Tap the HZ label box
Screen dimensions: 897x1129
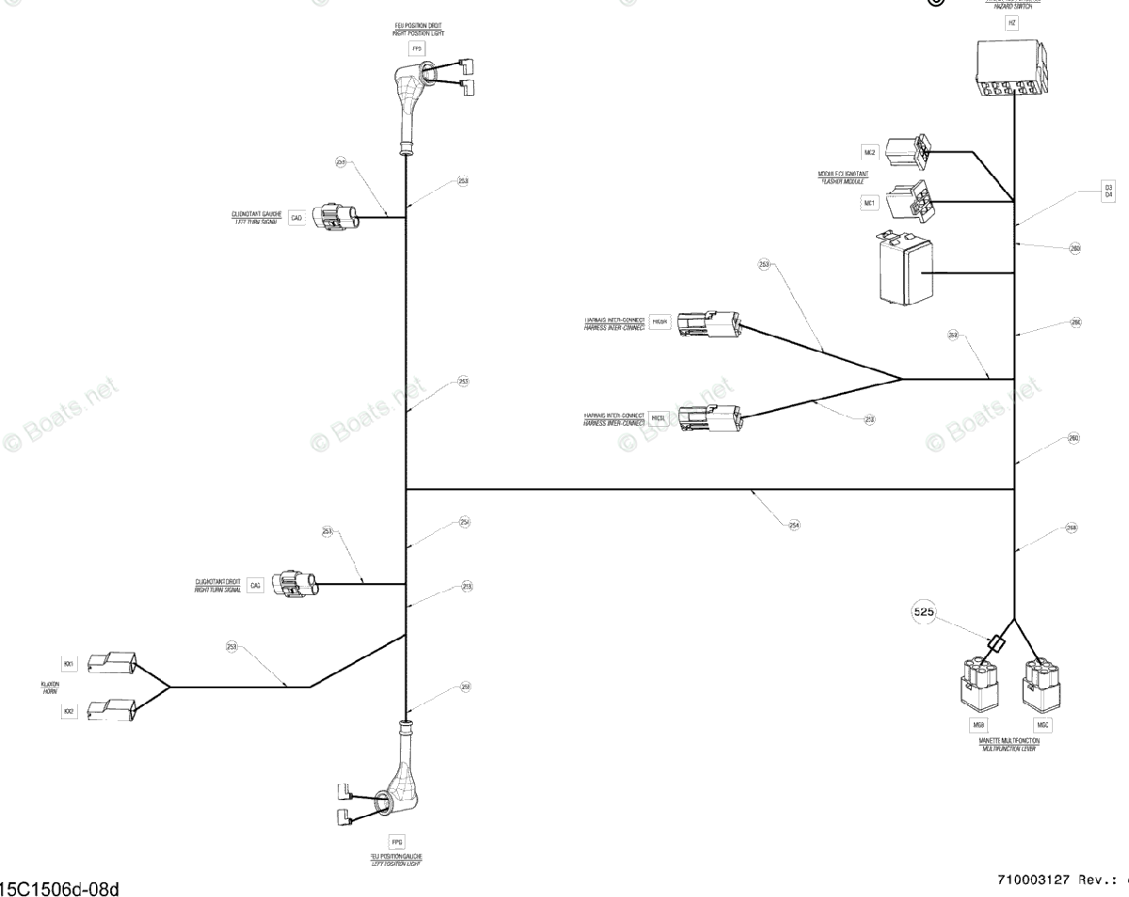click(1011, 24)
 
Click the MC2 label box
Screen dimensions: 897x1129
click(869, 152)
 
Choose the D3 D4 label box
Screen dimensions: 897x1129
click(1108, 192)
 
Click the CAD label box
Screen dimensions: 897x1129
click(296, 218)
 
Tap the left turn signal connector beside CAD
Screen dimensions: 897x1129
click(337, 217)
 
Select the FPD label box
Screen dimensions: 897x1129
click(417, 46)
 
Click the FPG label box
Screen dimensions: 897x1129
click(396, 841)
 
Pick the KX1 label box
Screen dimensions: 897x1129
click(69, 664)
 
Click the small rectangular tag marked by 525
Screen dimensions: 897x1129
click(998, 644)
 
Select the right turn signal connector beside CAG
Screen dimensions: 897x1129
click(294, 583)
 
